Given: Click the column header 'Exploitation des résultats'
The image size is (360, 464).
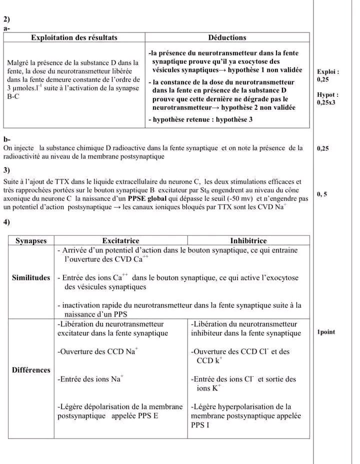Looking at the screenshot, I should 74,37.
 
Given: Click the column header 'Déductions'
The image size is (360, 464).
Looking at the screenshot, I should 227,37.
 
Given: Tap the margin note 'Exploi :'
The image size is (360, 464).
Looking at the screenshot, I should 328,71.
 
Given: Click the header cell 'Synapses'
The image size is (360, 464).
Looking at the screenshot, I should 31,241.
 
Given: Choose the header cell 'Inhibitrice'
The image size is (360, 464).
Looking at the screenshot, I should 248,241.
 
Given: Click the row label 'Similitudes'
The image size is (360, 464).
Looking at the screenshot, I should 31,278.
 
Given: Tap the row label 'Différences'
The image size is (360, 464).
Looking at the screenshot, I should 31,370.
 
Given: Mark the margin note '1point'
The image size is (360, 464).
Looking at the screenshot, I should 326,332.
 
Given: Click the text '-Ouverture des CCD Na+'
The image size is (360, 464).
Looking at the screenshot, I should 97,351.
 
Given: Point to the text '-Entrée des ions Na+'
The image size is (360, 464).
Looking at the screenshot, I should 90,379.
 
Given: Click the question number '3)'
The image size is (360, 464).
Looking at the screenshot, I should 6,170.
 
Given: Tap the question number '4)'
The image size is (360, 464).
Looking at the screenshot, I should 6,221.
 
